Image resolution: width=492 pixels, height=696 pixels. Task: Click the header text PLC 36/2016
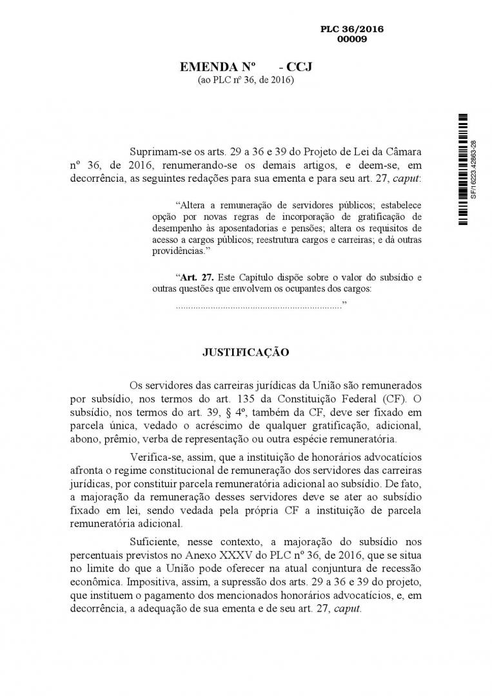pos(351,30)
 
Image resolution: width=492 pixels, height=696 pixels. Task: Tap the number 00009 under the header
pos(351,39)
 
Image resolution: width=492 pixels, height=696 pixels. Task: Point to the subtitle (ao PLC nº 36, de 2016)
pos(245,80)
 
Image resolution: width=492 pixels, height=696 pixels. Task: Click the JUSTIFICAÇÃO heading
pos(246,353)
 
